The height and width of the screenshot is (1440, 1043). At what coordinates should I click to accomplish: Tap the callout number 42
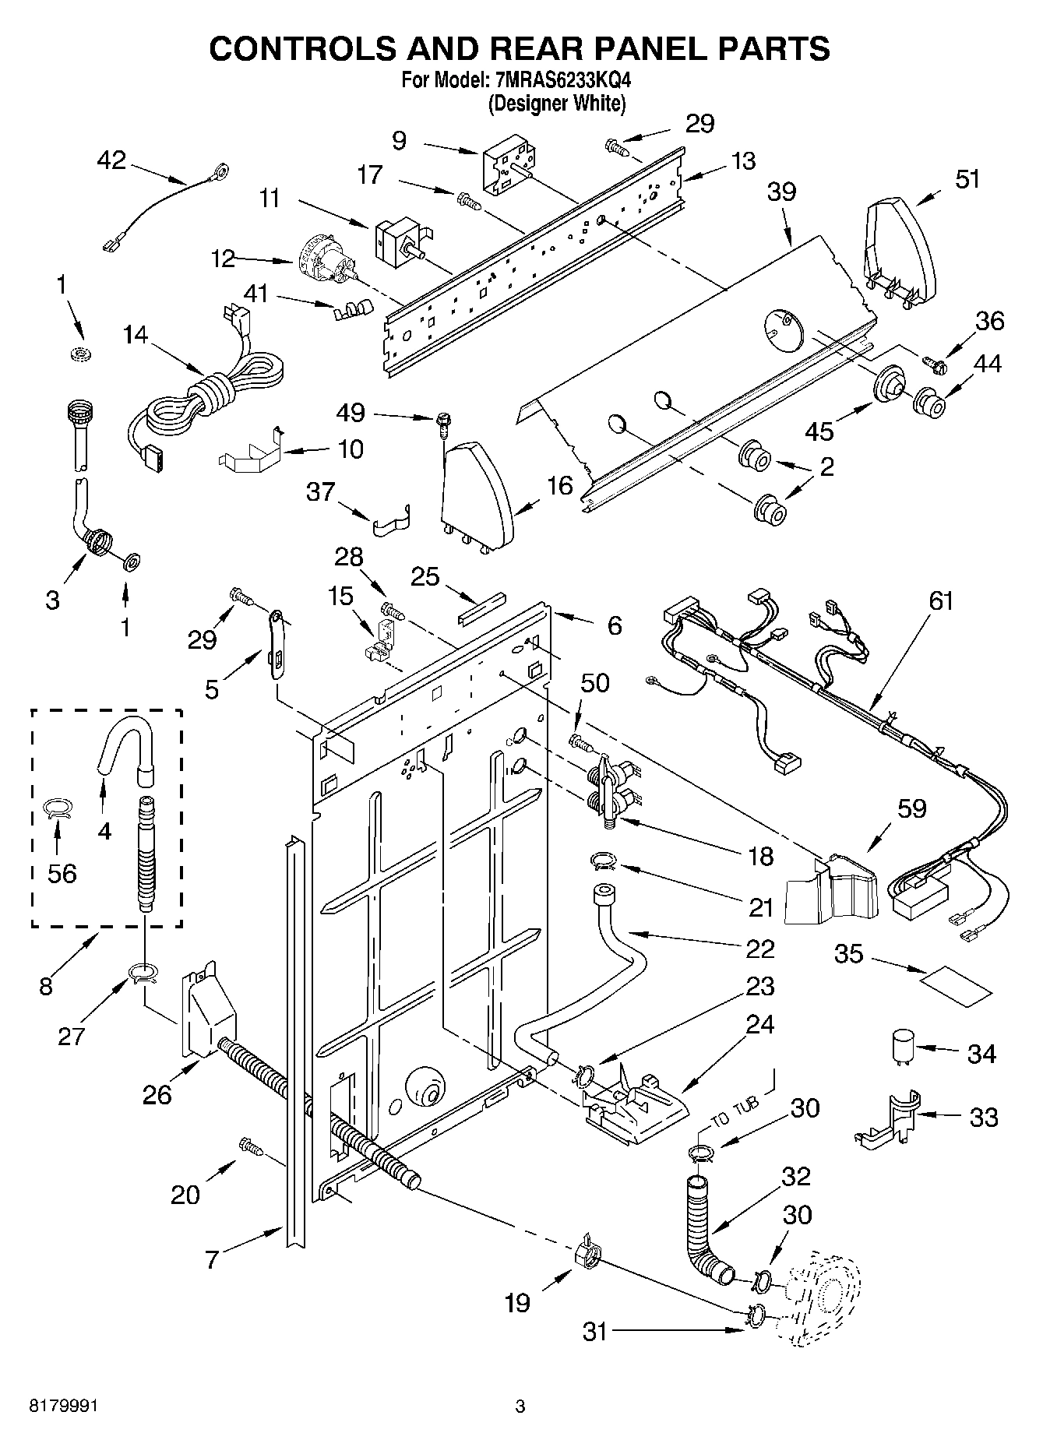pos(111,160)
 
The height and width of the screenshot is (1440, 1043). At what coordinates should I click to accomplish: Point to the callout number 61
pos(940,602)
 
